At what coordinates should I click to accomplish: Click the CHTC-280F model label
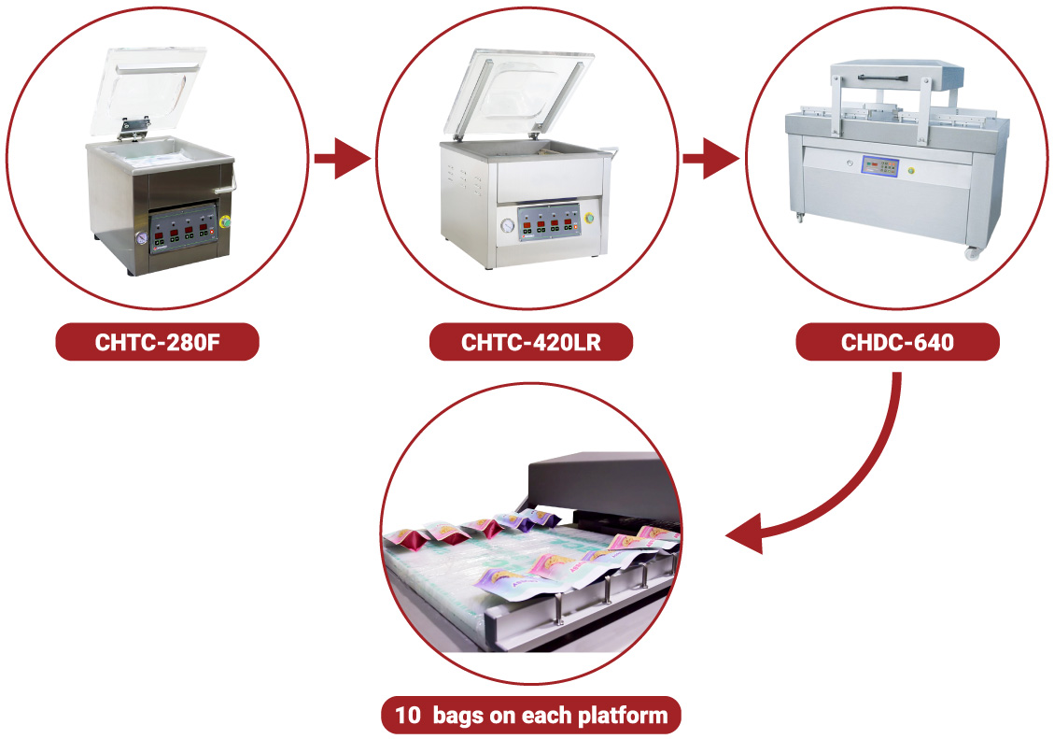coord(158,342)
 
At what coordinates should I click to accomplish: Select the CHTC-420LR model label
coord(530,342)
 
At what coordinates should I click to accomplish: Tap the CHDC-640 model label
coord(897,342)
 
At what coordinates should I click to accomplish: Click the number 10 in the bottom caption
coord(408,717)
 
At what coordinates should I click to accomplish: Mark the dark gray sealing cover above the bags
coord(597,481)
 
